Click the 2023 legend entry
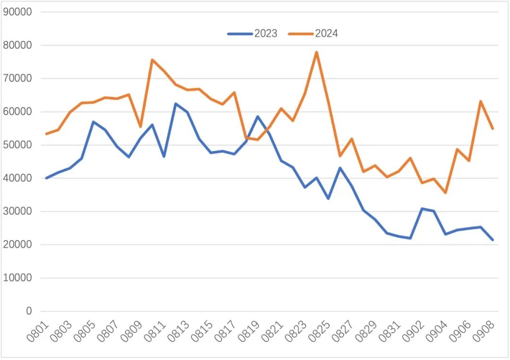coord(253,34)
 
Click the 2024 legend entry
coord(314,34)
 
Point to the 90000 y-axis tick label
coord(17,12)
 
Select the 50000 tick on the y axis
coord(17,145)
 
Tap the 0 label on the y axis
coord(29,311)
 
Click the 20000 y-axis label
coord(17,245)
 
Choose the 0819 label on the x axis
coord(249,332)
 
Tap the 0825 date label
coord(320,332)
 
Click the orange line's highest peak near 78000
coord(316,52)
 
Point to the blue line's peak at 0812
coord(176,103)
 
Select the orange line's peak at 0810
coord(152,60)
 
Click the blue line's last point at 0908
coord(493,240)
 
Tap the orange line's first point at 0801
coord(46,134)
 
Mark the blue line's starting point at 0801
coord(46,178)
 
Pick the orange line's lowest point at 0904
coord(445,193)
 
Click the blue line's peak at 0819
coord(258,116)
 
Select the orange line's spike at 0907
coord(481,101)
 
